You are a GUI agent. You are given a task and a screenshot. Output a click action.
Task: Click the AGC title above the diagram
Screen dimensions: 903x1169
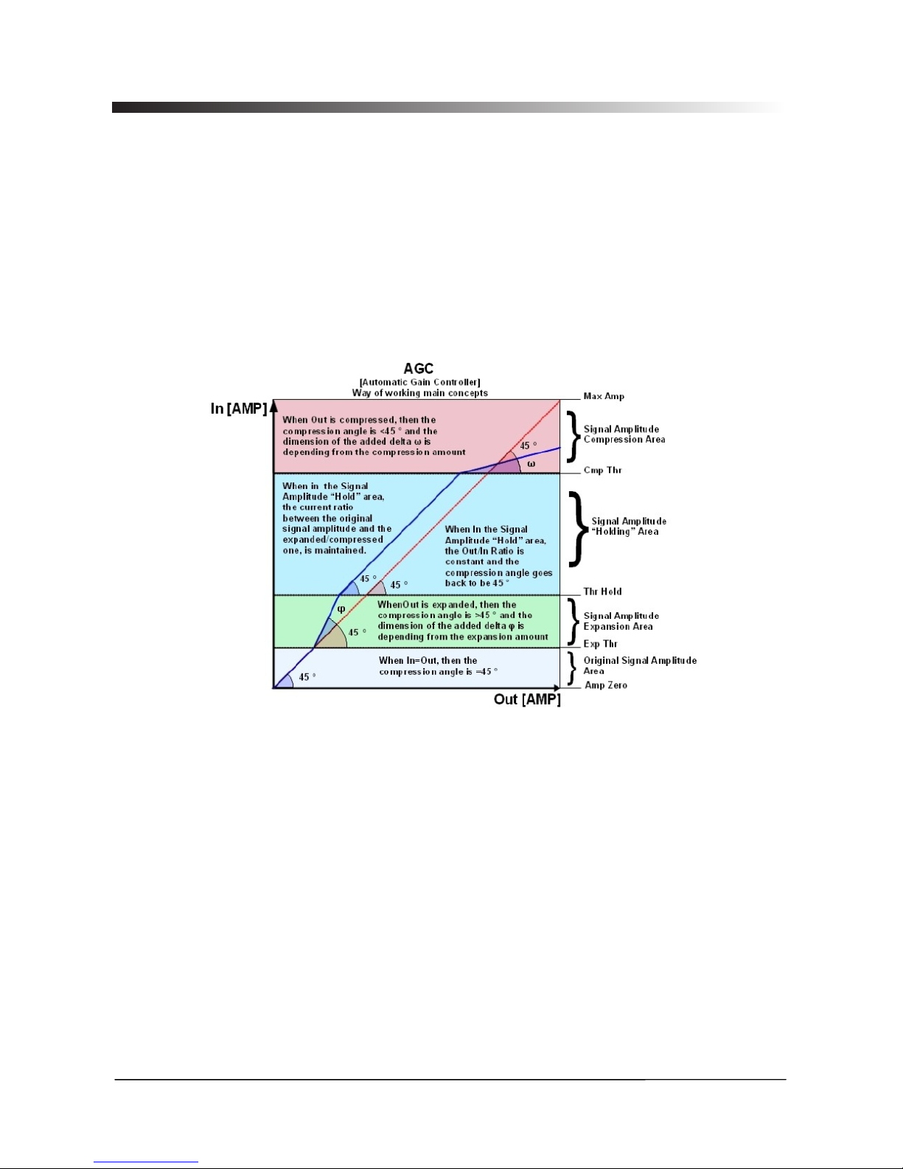pos(419,368)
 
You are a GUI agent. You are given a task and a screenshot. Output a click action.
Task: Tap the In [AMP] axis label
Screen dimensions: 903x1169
pos(238,409)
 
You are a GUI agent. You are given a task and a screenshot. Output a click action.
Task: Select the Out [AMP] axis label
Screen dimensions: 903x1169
pos(527,699)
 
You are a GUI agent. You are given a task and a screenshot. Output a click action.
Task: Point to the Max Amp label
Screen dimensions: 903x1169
pos(604,396)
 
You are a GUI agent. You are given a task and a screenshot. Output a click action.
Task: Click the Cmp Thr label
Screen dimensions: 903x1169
pos(602,470)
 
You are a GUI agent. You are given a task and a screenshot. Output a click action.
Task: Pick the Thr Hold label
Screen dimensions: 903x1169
pos(602,592)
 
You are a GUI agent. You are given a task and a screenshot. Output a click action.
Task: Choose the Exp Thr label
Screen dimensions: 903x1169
pos(600,644)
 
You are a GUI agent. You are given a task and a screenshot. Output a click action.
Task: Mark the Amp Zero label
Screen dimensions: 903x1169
pos(606,685)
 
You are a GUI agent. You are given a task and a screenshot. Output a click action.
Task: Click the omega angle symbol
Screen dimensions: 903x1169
pos(531,464)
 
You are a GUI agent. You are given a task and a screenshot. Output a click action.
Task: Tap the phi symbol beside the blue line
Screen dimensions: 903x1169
pos(341,608)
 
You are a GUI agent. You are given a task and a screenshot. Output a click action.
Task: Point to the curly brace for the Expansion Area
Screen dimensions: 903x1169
pos(573,621)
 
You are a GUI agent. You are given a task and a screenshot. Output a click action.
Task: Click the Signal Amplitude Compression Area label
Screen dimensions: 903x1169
pos(624,434)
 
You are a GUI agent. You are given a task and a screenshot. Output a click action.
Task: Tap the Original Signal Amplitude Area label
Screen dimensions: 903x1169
pos(640,665)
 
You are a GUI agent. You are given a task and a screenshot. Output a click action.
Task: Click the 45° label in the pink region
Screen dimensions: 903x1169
pos(528,445)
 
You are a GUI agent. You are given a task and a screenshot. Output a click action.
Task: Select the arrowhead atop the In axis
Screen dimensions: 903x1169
pos(273,405)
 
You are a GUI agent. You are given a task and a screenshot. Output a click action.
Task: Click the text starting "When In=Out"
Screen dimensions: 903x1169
pos(438,666)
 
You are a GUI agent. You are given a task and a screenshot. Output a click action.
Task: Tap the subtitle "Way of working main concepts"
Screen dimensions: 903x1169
pos(419,393)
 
